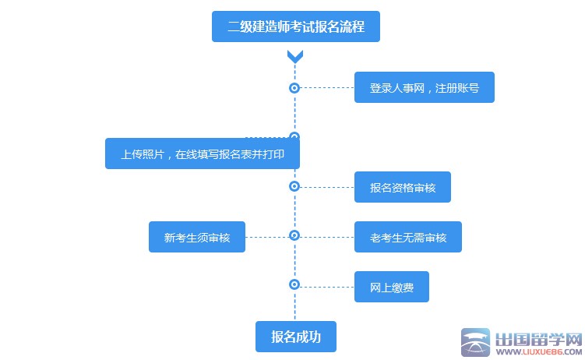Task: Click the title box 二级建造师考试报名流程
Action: pyautogui.click(x=295, y=26)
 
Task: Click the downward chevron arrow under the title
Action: pyautogui.click(x=294, y=56)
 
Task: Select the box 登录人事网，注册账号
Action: pyautogui.click(x=424, y=88)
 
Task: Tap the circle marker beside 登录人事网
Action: pyautogui.click(x=294, y=88)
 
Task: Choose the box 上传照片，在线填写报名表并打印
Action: pyautogui.click(x=203, y=154)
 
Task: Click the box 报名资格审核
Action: pyautogui.click(x=402, y=187)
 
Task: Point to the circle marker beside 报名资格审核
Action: pyautogui.click(x=294, y=187)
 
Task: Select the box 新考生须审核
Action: pyautogui.click(x=197, y=237)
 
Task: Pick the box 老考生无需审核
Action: pyautogui.click(x=407, y=237)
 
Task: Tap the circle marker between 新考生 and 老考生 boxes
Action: pyautogui.click(x=294, y=235)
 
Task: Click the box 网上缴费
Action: pyautogui.click(x=392, y=287)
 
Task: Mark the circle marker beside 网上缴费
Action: pyautogui.click(x=294, y=285)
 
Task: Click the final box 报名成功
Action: pyautogui.click(x=295, y=337)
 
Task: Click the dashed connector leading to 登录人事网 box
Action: pyautogui.click(x=327, y=88)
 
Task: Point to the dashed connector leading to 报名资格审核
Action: pyautogui.click(x=327, y=187)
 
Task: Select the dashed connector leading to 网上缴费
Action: pyautogui.click(x=327, y=287)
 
